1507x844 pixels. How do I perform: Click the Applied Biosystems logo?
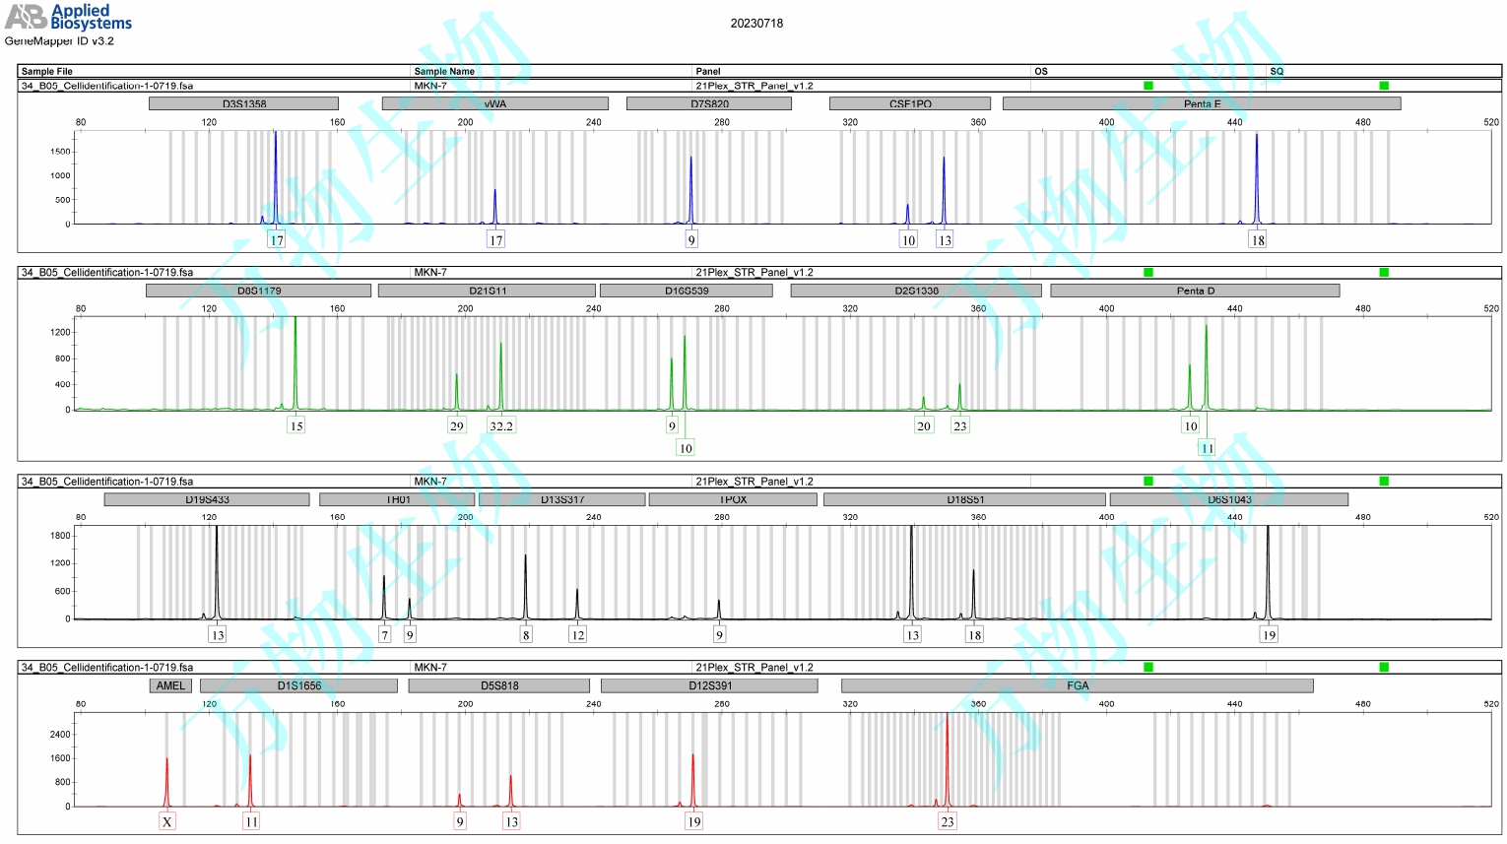68,17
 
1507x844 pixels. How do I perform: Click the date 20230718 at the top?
756,24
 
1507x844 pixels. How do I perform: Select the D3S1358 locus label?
243,103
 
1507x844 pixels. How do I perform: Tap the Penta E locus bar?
1202,103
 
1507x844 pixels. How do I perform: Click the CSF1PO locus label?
909,103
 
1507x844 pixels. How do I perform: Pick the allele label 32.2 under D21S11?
501,425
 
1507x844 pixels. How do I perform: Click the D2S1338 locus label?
916,291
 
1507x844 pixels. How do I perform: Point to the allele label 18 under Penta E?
1258,240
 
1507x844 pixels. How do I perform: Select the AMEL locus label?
170,685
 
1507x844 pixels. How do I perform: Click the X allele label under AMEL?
167,821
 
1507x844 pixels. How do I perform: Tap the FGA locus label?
1078,685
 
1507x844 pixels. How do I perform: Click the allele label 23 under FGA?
948,821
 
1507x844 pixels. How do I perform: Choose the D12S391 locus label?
709,685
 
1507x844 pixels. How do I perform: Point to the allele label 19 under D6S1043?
1269,635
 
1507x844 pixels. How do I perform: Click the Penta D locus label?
1195,291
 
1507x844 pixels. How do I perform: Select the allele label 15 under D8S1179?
296,425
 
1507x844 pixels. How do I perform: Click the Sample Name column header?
444,71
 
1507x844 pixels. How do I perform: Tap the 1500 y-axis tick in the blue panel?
60,152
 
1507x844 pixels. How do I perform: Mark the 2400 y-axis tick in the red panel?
60,735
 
